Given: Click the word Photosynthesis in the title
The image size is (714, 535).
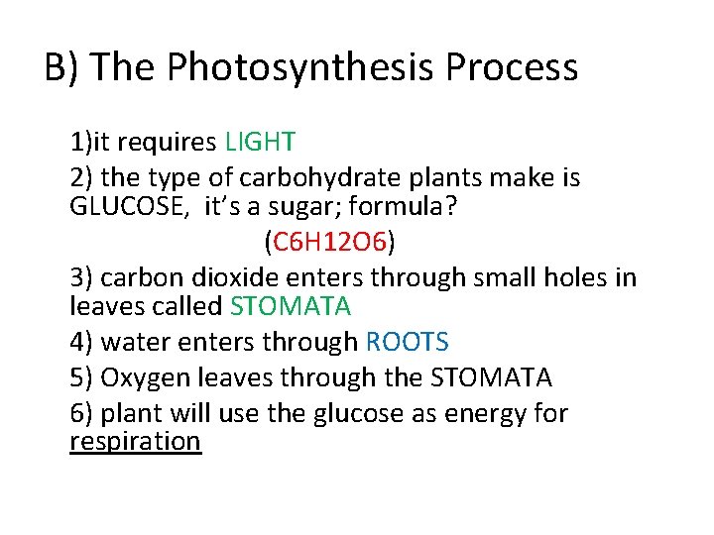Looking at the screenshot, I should coord(302,68).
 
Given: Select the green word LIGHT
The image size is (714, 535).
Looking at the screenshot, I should coord(260,143).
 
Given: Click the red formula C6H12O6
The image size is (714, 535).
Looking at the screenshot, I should coord(329,241).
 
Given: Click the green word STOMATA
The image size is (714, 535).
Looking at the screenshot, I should coord(290,306).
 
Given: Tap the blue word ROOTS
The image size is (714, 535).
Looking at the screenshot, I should coord(407,343).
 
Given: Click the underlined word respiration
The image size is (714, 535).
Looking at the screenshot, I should coord(135,441).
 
